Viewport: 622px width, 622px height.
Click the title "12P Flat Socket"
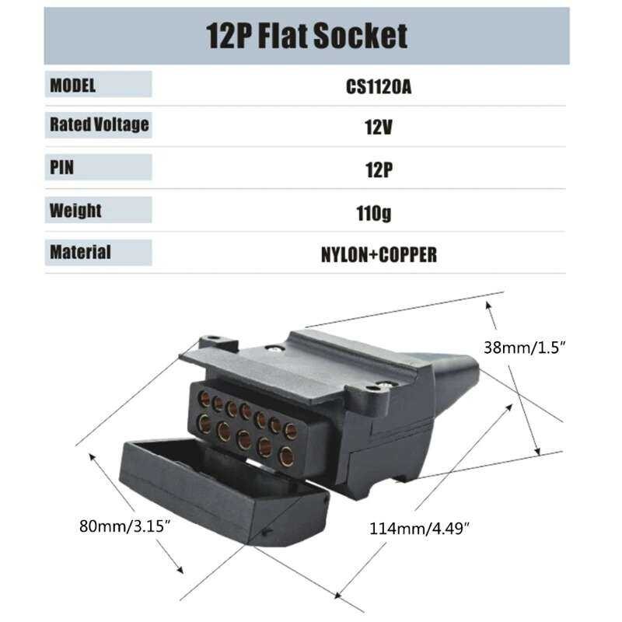coord(306,36)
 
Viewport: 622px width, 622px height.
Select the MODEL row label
coord(72,86)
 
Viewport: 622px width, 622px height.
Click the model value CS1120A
coord(379,87)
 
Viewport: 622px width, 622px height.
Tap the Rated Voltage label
coord(100,124)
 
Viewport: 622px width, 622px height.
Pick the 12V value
coord(378,128)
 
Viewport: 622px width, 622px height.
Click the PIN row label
coord(61,167)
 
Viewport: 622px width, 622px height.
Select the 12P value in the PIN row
coord(379,169)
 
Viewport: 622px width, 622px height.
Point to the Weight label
coord(75,210)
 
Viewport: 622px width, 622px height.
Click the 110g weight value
coord(374,213)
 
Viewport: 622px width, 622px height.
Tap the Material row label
coord(80,252)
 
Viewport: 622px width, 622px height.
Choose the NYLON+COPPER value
coord(379,255)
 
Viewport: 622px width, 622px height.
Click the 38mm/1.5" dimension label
coord(524,348)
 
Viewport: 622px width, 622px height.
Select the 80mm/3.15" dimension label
coord(124,526)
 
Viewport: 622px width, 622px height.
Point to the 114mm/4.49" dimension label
coord(419,529)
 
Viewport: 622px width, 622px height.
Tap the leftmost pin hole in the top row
coord(204,399)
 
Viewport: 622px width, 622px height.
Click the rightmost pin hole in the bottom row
coord(286,456)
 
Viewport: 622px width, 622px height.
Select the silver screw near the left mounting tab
coord(274,348)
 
